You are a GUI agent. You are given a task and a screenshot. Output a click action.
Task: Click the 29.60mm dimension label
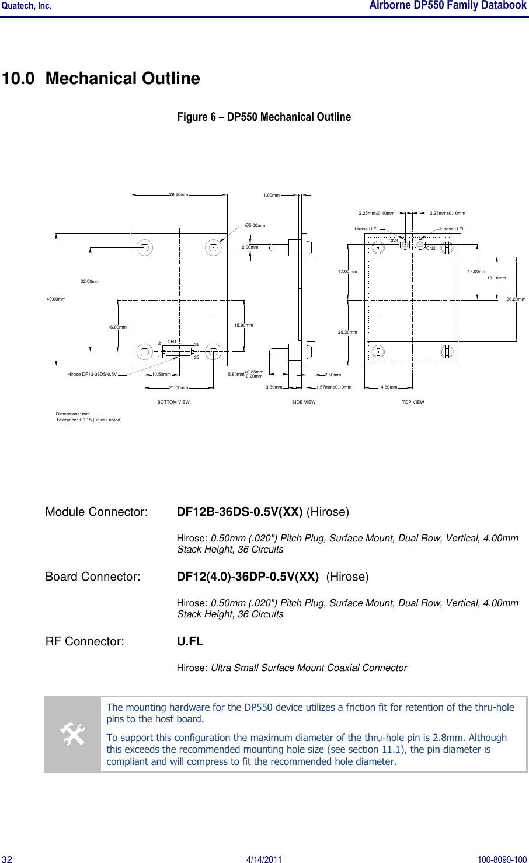[x=178, y=194]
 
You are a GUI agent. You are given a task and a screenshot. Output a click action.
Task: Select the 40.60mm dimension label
[x=56, y=299]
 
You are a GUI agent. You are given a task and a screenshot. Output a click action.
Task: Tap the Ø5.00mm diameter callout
[x=255, y=225]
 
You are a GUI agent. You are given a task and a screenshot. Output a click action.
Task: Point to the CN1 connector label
[x=172, y=341]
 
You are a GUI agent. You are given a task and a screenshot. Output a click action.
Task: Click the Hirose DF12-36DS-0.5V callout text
[x=92, y=375]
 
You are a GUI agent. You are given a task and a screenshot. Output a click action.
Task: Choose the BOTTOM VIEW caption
[x=173, y=402]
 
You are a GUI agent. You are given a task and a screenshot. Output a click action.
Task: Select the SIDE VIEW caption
[x=304, y=402]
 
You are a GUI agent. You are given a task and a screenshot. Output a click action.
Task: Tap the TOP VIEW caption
[x=413, y=402]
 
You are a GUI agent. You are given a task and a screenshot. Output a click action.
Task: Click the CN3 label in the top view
[x=393, y=240]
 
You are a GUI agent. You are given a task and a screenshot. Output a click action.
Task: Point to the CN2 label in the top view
[x=431, y=248]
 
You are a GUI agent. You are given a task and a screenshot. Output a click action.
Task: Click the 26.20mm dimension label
[x=516, y=299]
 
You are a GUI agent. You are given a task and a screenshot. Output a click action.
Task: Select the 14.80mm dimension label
[x=388, y=387]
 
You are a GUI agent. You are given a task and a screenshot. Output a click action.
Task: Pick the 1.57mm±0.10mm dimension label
[x=334, y=387]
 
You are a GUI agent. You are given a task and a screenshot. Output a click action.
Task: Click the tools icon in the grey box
[x=73, y=734]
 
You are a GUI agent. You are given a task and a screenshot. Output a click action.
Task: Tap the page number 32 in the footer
[x=7, y=859]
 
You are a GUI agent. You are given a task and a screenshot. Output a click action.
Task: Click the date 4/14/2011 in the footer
[x=264, y=859]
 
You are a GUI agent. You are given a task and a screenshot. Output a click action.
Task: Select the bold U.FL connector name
[x=190, y=641]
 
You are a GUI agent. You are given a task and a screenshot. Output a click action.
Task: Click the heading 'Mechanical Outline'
[x=123, y=78]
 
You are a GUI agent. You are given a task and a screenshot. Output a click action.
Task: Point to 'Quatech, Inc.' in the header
[x=26, y=6]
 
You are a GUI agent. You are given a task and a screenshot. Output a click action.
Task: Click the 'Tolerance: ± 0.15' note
[x=89, y=420]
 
